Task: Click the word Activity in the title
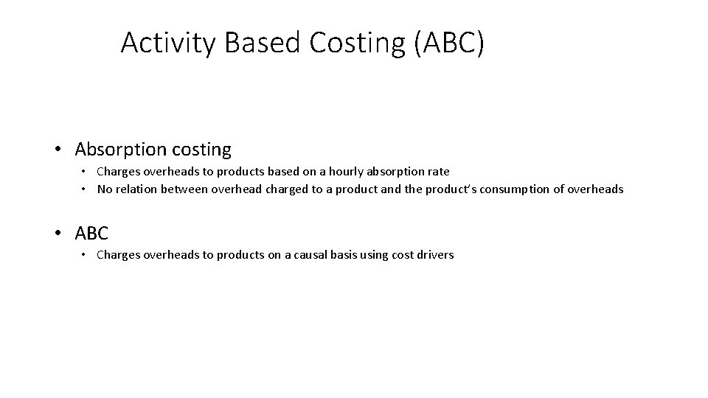coord(169,43)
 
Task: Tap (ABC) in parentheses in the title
coord(449,43)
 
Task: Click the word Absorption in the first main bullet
coord(120,150)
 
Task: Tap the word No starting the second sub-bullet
coord(105,189)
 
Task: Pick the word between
coord(187,189)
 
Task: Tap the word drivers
coord(435,255)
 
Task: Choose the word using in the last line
coord(376,255)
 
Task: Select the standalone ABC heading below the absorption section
coord(91,234)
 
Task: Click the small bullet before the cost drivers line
coord(85,255)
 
